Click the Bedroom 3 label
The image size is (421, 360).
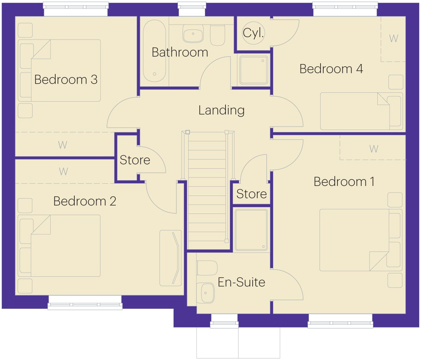click(66, 79)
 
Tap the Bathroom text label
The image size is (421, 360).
click(180, 52)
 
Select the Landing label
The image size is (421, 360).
click(222, 110)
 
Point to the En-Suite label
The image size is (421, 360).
click(242, 282)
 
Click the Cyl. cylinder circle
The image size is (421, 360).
click(253, 33)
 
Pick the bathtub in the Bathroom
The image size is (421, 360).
click(155, 51)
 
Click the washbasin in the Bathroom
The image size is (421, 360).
click(193, 34)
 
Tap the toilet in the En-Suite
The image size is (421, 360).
click(207, 268)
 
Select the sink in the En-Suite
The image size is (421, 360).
click(206, 293)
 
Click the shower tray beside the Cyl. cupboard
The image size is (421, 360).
click(253, 70)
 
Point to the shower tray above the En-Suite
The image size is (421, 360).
click(251, 230)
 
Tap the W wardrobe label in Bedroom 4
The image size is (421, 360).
click(394, 39)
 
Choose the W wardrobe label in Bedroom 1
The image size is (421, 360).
click(374, 149)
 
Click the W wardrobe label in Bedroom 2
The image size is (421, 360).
click(63, 171)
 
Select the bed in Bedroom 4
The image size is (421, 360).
click(362, 112)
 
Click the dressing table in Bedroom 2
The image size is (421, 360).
click(171, 258)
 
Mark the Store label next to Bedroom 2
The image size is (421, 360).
click(135, 160)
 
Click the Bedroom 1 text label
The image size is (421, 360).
click(344, 182)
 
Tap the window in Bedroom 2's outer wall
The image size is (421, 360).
click(85, 303)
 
